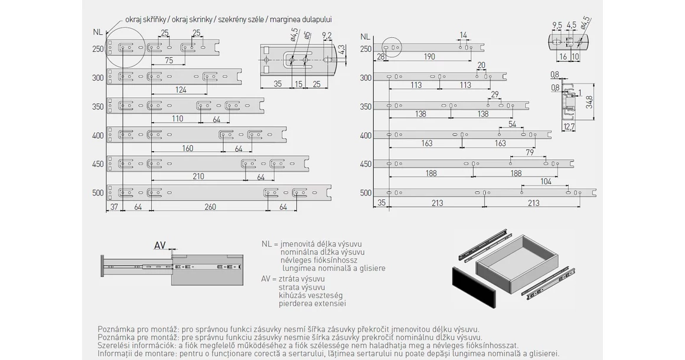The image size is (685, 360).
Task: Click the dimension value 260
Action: point(210,207)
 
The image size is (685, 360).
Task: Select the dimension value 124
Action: point(181,90)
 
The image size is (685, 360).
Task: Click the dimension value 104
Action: point(546,181)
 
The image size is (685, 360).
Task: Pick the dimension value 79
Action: point(529,153)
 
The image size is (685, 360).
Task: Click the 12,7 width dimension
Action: point(569,126)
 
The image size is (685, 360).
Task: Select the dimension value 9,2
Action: point(327,35)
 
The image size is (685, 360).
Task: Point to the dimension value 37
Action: point(114,207)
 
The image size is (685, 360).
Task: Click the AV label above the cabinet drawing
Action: point(159,245)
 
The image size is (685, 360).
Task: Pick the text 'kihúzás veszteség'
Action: point(311,295)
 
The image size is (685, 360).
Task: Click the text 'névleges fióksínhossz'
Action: point(319,260)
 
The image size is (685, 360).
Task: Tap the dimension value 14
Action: point(463,35)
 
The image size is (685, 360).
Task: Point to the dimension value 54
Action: point(511,124)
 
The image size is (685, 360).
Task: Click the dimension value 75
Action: point(169,60)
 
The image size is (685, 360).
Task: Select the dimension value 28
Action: point(380,57)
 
